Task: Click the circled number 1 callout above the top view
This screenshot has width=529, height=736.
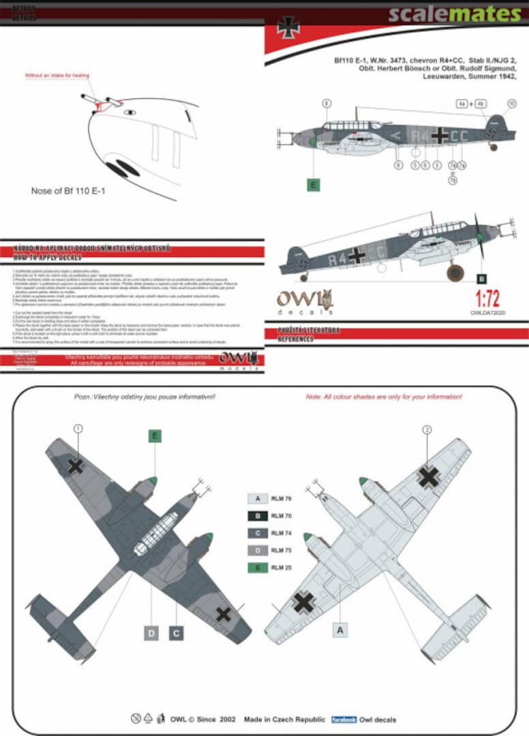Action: click(78, 428)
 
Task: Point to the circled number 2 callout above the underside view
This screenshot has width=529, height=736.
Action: click(427, 429)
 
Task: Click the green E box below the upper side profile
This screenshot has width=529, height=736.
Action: click(314, 185)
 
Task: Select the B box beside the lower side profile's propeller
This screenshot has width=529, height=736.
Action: click(481, 279)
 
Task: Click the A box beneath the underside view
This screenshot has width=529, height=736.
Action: click(339, 630)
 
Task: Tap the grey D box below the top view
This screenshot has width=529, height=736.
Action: click(151, 633)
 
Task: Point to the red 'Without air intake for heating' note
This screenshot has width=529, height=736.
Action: click(57, 76)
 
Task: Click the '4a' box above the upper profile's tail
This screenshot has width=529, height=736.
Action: click(461, 104)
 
